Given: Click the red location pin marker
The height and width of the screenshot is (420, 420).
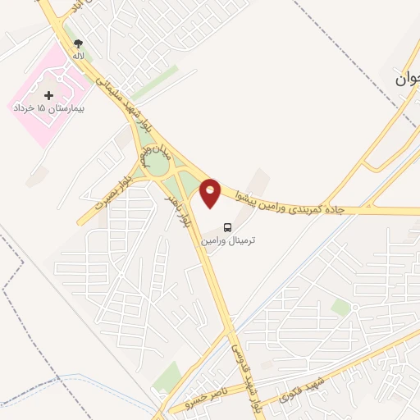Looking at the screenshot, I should [211, 192].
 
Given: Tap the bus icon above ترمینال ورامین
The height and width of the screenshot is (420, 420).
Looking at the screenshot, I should [227, 227].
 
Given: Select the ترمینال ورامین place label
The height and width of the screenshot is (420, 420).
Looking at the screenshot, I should [230, 240].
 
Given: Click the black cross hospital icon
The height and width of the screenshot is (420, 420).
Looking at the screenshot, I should [48, 96].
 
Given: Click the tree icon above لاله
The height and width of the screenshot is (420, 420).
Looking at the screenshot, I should [78, 43].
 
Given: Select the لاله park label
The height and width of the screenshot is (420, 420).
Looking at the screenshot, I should [78, 56].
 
